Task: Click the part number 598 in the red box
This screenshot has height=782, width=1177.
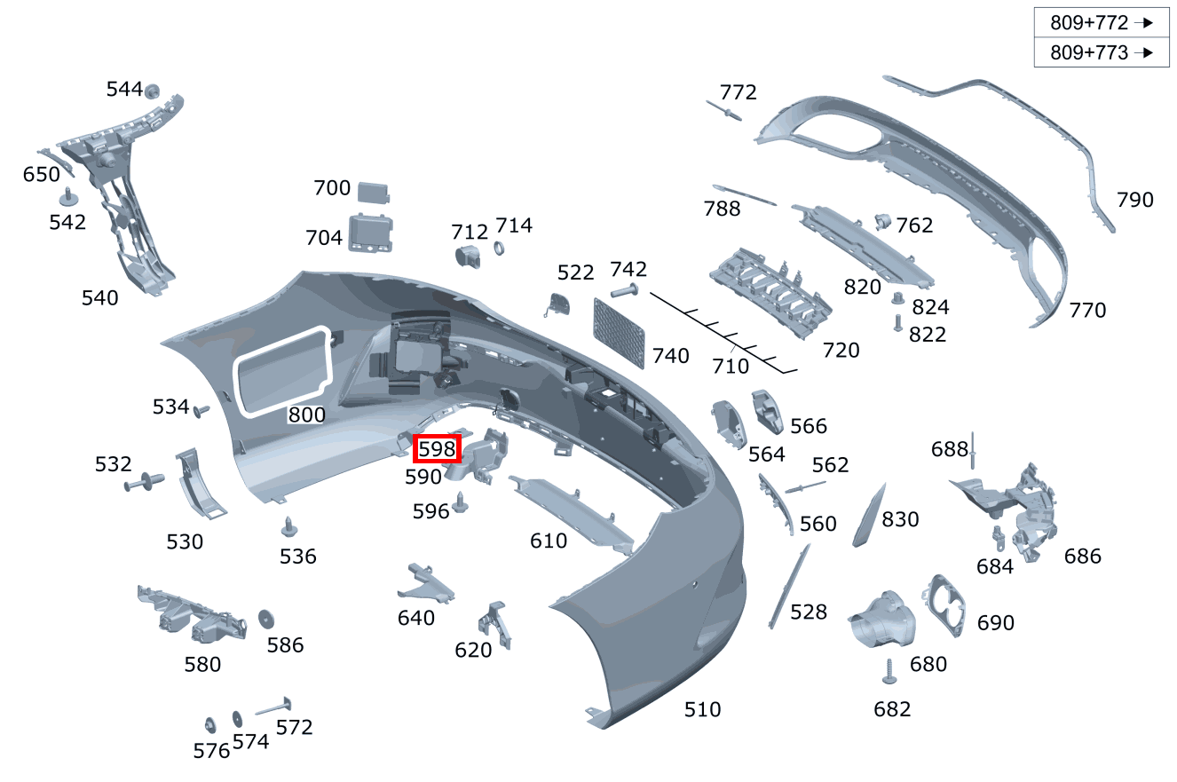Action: pyautogui.click(x=438, y=449)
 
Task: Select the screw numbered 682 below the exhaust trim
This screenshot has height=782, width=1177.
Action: pyautogui.click(x=889, y=673)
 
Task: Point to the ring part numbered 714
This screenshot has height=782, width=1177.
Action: pyautogui.click(x=499, y=249)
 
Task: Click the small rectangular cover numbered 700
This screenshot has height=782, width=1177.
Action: pyautogui.click(x=375, y=192)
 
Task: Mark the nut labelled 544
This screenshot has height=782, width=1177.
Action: pyautogui.click(x=152, y=91)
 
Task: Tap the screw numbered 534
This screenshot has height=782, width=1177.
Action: pyautogui.click(x=201, y=411)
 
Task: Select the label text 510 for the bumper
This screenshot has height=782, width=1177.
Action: pyautogui.click(x=702, y=709)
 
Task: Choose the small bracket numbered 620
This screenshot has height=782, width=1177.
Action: pyautogui.click(x=495, y=624)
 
